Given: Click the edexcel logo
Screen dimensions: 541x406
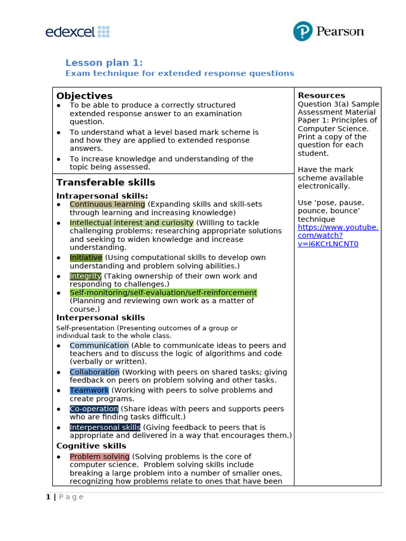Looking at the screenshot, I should pyautogui.click(x=77, y=32).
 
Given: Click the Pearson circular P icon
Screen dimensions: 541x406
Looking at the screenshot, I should pyautogui.click(x=303, y=32).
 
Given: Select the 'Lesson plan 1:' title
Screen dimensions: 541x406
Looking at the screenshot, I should pyautogui.click(x=104, y=62).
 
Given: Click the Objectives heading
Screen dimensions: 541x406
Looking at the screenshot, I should pyautogui.click(x=85, y=96).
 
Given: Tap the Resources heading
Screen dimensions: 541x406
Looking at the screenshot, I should pyautogui.click(x=321, y=95).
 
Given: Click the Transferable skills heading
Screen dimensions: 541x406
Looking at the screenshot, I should pyautogui.click(x=106, y=182).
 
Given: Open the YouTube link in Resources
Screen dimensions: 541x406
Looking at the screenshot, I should pyautogui.click(x=338, y=235).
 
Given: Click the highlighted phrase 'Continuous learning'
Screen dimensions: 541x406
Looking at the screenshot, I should pyautogui.click(x=107, y=204).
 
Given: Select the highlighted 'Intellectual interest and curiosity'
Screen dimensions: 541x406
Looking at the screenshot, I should pyautogui.click(x=132, y=223).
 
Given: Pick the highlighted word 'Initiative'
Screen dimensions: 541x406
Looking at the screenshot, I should pyautogui.click(x=86, y=258).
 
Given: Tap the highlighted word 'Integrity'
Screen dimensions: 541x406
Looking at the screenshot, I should pyautogui.click(x=86, y=276).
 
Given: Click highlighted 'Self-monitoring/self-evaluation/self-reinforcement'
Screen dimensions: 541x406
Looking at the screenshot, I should pyautogui.click(x=163, y=293).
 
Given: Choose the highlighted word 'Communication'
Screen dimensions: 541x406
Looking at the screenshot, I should pyautogui.click(x=99, y=346).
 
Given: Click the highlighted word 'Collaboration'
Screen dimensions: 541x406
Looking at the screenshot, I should pyautogui.click(x=95, y=372).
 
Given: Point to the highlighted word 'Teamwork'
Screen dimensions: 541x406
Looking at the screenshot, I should pyautogui.click(x=89, y=390).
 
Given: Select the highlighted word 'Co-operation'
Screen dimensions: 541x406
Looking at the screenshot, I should pyautogui.click(x=94, y=409).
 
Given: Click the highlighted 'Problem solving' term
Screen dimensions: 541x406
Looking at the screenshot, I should pyautogui.click(x=99, y=456).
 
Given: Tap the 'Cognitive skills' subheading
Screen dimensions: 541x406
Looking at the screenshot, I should pyautogui.click(x=91, y=446).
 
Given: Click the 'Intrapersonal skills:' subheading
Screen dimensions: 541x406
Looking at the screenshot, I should pyautogui.click(x=102, y=196).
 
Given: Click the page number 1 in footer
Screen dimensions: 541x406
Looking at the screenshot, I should pyautogui.click(x=48, y=497).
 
